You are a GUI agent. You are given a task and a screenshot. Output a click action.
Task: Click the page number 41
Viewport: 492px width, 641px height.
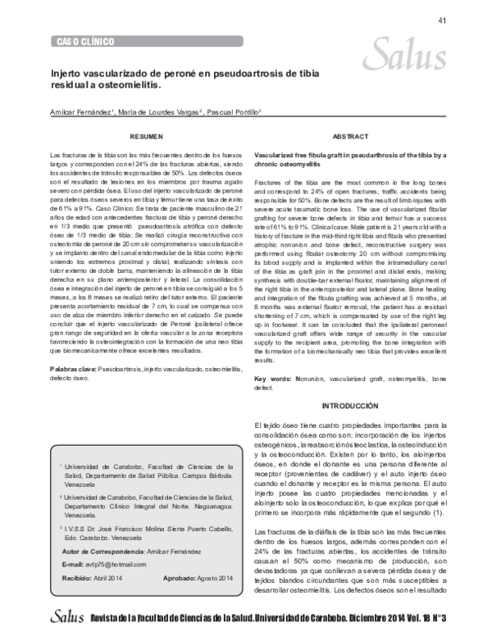click(x=442, y=20)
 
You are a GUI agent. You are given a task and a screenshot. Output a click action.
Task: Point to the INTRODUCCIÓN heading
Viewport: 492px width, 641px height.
click(x=351, y=407)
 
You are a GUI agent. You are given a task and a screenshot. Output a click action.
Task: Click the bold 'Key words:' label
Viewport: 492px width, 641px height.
click(x=274, y=380)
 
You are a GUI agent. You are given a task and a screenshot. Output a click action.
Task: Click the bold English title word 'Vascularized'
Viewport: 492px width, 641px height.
click(x=279, y=154)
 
